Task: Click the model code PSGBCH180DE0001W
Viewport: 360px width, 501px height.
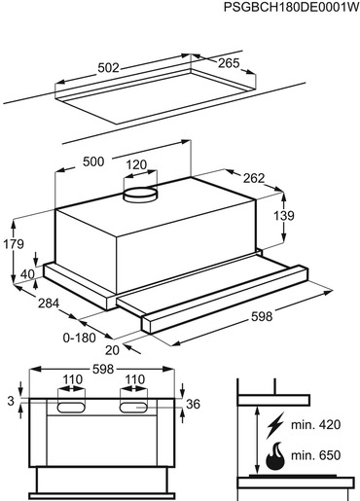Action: [x=291, y=8]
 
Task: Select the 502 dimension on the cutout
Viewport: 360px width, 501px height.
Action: [x=109, y=68]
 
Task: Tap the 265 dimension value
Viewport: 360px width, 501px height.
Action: [x=229, y=63]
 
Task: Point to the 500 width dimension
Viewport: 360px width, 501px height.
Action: [x=93, y=161]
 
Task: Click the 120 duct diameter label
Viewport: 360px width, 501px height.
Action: [x=136, y=165]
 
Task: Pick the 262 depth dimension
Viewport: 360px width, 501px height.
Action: [x=254, y=178]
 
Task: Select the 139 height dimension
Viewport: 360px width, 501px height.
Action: [x=284, y=216]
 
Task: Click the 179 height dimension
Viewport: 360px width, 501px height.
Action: [x=14, y=244]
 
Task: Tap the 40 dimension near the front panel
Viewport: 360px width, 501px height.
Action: [x=27, y=274]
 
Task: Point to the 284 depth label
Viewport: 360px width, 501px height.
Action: [x=49, y=304]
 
